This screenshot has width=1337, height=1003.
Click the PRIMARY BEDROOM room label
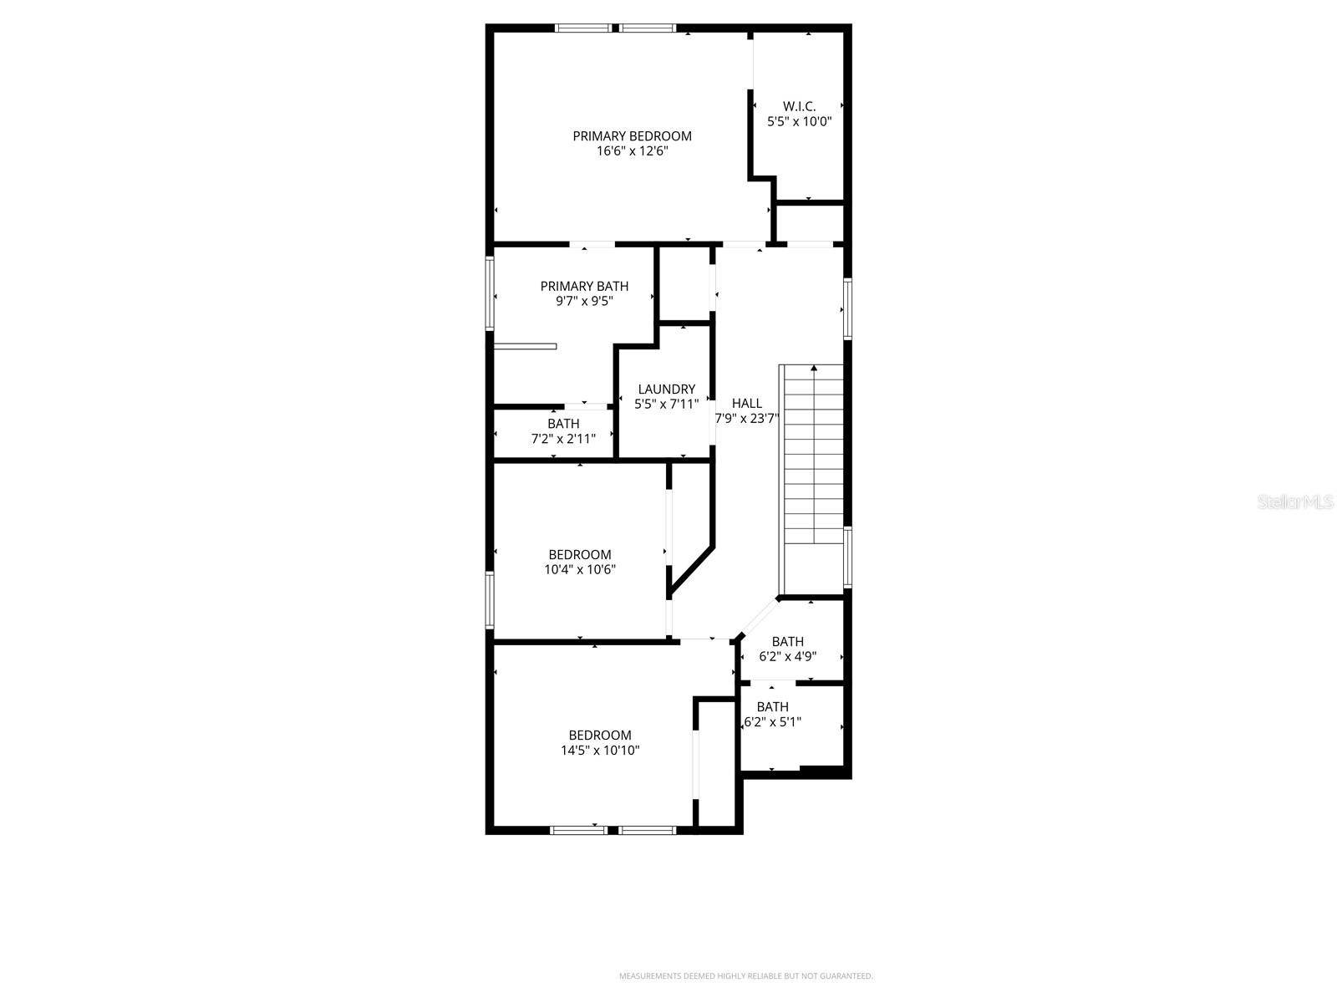632,136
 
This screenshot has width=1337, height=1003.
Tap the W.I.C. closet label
799,106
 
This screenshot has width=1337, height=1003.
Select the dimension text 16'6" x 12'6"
632,151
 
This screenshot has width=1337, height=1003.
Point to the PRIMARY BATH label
584,286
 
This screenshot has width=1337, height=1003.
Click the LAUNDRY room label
666,389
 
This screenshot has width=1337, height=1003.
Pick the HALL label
746,403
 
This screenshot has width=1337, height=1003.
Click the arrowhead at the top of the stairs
814,368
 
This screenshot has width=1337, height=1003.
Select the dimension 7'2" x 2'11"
563,438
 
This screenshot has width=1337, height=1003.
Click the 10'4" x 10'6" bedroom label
580,569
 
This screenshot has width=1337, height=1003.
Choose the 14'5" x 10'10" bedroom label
600,751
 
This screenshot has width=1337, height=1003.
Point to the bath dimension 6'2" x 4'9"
787,656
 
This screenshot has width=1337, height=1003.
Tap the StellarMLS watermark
1296,501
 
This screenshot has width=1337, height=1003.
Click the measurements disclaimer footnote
745,975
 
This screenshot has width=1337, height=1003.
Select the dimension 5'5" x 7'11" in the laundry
666,404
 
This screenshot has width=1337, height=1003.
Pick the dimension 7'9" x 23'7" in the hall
746,418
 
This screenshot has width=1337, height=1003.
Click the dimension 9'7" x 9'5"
584,301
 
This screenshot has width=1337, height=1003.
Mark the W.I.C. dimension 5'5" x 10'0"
799,121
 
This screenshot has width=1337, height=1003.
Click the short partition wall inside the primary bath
525,345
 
